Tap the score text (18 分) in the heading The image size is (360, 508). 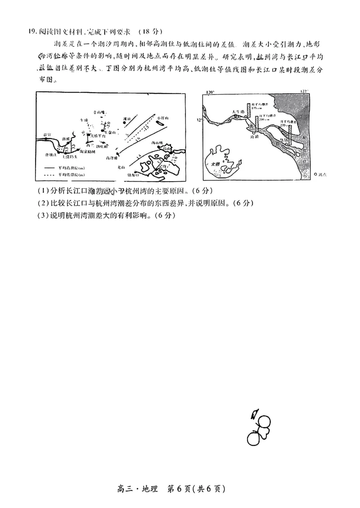coord(150,31)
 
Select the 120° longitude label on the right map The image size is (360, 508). coord(210,92)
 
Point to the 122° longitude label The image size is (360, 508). coord(305,92)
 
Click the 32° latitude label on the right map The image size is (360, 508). coord(199,120)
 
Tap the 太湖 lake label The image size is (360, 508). coord(216,165)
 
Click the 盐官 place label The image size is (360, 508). coord(45,134)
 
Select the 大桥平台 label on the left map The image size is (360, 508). coord(98,135)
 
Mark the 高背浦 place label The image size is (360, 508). coord(111,159)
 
